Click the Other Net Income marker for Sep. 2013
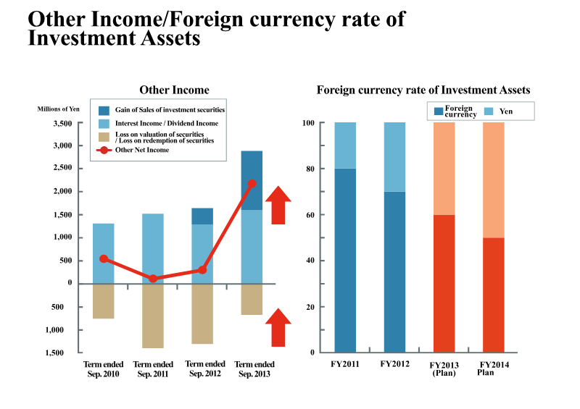(x=252, y=184)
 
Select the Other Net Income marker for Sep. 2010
(x=104, y=258)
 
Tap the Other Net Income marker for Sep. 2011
(x=153, y=278)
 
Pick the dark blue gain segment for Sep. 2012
(x=202, y=216)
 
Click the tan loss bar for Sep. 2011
(x=153, y=316)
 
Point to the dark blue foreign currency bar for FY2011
(x=345, y=261)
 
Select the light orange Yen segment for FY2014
(x=494, y=180)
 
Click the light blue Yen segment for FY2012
(x=394, y=156)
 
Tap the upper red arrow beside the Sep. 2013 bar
(x=278, y=205)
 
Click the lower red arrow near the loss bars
(x=278, y=327)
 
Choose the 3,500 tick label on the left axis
(x=62, y=123)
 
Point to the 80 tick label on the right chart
(x=310, y=169)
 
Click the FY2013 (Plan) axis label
(x=444, y=368)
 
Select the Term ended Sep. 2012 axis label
(x=205, y=368)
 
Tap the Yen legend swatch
(x=489, y=111)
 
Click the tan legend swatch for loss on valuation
(x=104, y=137)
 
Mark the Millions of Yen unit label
(x=59, y=109)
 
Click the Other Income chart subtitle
(x=174, y=90)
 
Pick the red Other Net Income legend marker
(x=104, y=150)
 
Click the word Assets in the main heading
(x=170, y=38)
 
